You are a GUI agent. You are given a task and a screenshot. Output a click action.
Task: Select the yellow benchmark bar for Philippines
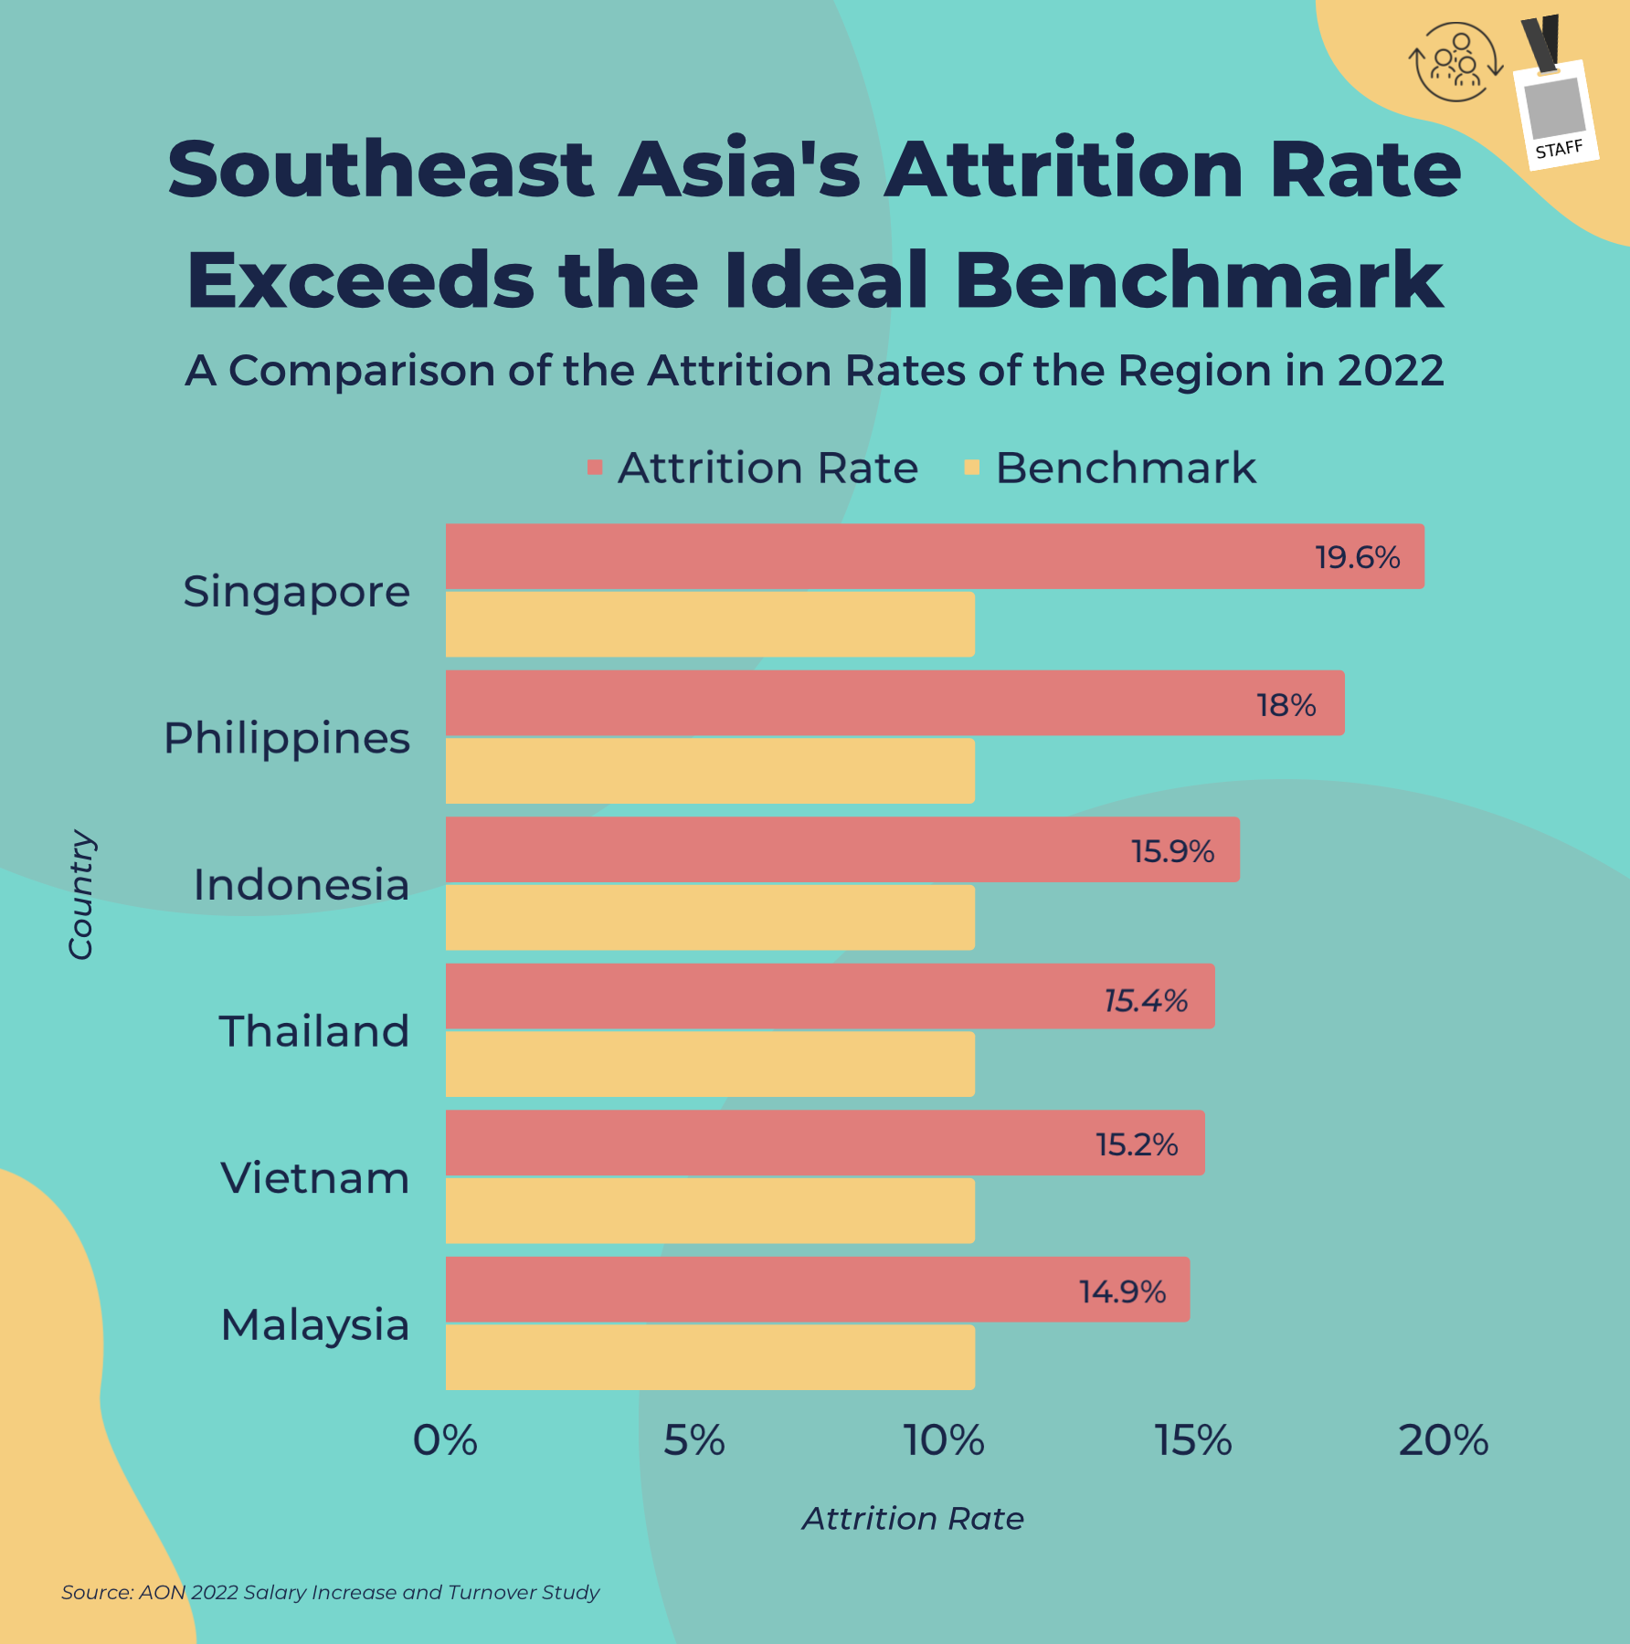pyautogui.click(x=710, y=771)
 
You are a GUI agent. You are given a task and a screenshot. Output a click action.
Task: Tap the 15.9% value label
pyautogui.click(x=1172, y=851)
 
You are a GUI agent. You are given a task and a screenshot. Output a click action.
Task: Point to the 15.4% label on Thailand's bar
pyautogui.click(x=1146, y=1000)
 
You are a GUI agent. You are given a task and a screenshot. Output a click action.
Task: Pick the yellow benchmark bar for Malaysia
pyautogui.click(x=710, y=1357)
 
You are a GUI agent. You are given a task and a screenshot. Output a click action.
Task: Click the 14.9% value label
pyautogui.click(x=1122, y=1291)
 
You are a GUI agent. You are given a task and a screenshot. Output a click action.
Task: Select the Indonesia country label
pyautogui.click(x=301, y=884)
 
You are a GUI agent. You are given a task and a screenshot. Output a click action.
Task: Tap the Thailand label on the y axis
pyautogui.click(x=313, y=1031)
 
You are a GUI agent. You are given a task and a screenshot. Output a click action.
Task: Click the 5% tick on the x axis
pyautogui.click(x=693, y=1440)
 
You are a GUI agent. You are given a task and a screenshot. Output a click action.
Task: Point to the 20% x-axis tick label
pyautogui.click(x=1443, y=1440)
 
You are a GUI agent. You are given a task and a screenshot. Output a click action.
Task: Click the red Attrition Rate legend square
pyautogui.click(x=595, y=468)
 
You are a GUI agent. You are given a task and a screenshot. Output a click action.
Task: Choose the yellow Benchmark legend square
pyautogui.click(x=972, y=468)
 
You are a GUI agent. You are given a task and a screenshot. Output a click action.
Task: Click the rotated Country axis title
pyautogui.click(x=80, y=894)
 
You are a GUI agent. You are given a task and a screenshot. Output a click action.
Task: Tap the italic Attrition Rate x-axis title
pyautogui.click(x=913, y=1518)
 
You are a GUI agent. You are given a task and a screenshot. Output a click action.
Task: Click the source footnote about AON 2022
pyautogui.click(x=330, y=1592)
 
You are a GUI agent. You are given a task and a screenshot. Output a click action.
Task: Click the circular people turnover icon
pyautogui.click(x=1455, y=62)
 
